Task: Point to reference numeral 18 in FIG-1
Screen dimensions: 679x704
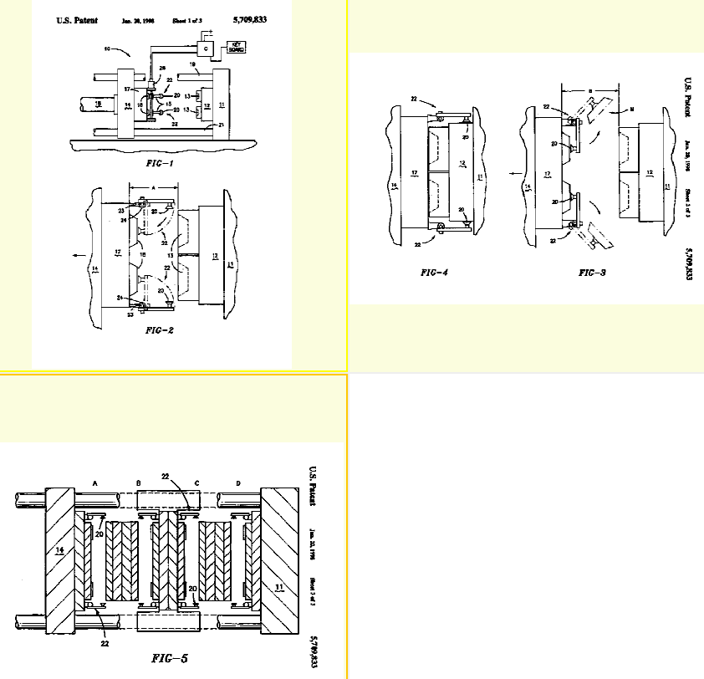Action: pyautogui.click(x=98, y=104)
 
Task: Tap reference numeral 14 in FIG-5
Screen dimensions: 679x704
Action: pyautogui.click(x=59, y=550)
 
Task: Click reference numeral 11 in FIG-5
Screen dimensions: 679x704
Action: pyautogui.click(x=278, y=589)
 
